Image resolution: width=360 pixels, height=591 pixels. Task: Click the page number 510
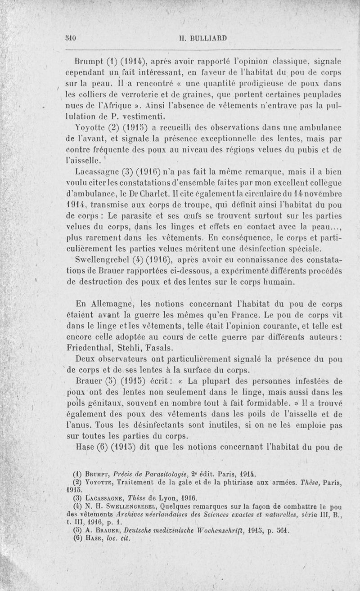70,38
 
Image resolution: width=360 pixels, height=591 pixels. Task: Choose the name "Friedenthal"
96,348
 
